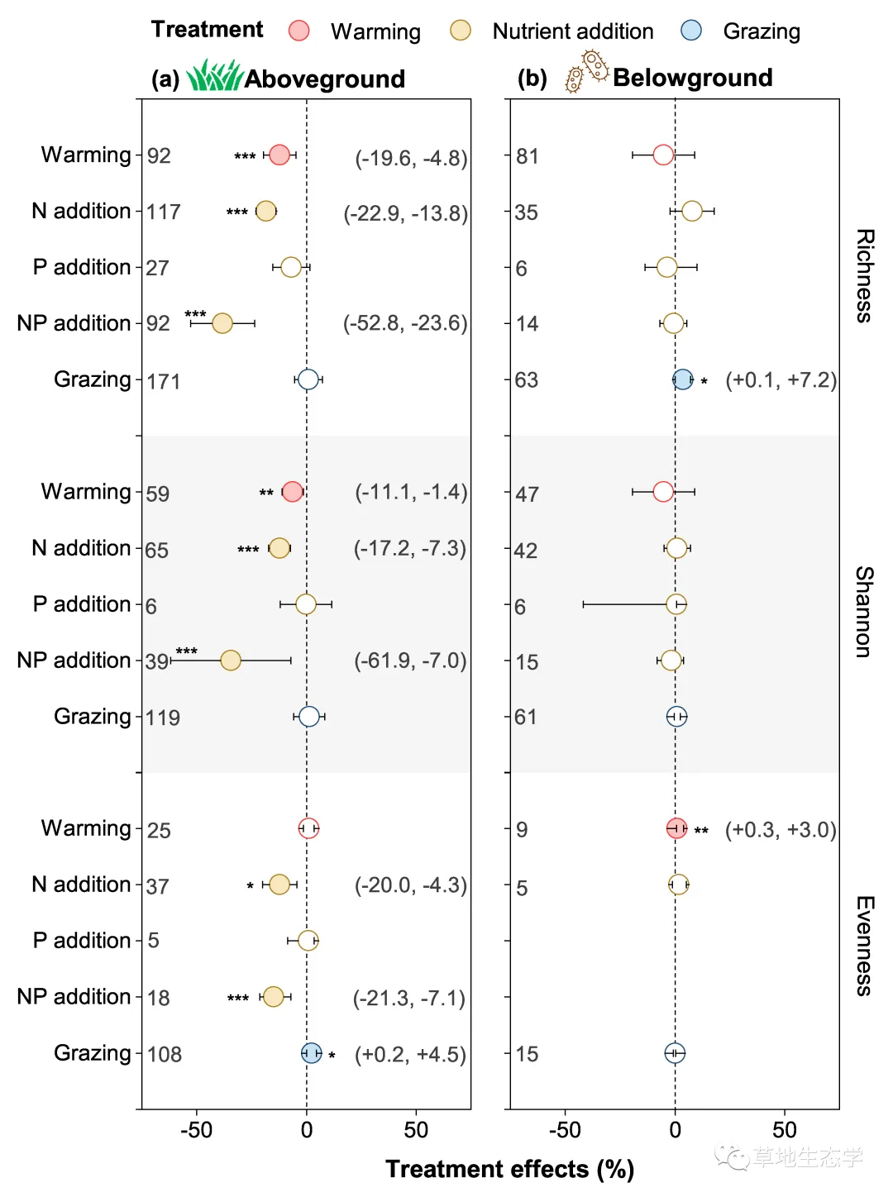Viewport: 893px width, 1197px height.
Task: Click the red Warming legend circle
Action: pyautogui.click(x=298, y=31)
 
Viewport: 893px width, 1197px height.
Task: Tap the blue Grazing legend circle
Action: pyautogui.click(x=690, y=31)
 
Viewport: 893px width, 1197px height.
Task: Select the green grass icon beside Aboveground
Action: pyautogui.click(x=213, y=75)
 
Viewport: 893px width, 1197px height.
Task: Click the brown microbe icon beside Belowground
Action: pyautogui.click(x=587, y=71)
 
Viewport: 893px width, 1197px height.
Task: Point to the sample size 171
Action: pyautogui.click(x=164, y=381)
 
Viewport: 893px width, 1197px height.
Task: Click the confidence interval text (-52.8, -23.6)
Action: pyautogui.click(x=405, y=323)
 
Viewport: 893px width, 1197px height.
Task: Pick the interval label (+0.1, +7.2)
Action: pyautogui.click(x=781, y=380)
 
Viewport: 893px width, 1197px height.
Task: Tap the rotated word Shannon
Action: pyautogui.click(x=864, y=612)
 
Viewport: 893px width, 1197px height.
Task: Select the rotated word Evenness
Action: pyautogui.click(x=864, y=946)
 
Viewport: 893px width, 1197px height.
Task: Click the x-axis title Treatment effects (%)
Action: pyautogui.click(x=509, y=1169)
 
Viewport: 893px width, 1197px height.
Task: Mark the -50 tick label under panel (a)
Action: pyautogui.click(x=197, y=1130)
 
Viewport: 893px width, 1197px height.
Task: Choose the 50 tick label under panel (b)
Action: pyautogui.click(x=784, y=1130)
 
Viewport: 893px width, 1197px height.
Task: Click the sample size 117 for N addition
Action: pyautogui.click(x=164, y=212)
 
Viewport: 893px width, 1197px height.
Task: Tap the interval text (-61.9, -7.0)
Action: pyautogui.click(x=410, y=660)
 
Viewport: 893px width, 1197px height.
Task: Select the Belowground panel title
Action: pyautogui.click(x=693, y=78)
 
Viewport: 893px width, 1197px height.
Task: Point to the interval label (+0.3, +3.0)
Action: pyautogui.click(x=781, y=830)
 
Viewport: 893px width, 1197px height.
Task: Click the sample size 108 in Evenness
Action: pyautogui.click(x=165, y=1054)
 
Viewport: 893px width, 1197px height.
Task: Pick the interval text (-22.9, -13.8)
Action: pyautogui.click(x=405, y=213)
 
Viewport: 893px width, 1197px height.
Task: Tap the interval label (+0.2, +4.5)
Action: pyautogui.click(x=410, y=1055)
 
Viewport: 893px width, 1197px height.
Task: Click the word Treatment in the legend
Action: pyautogui.click(x=207, y=30)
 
